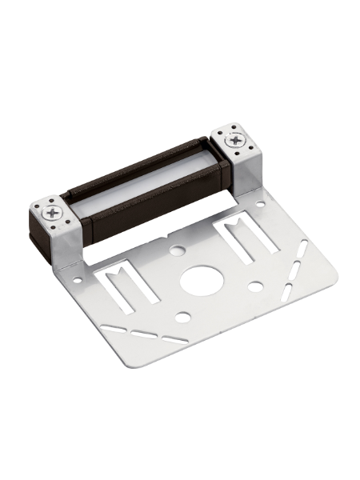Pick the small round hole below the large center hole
[182, 318]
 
